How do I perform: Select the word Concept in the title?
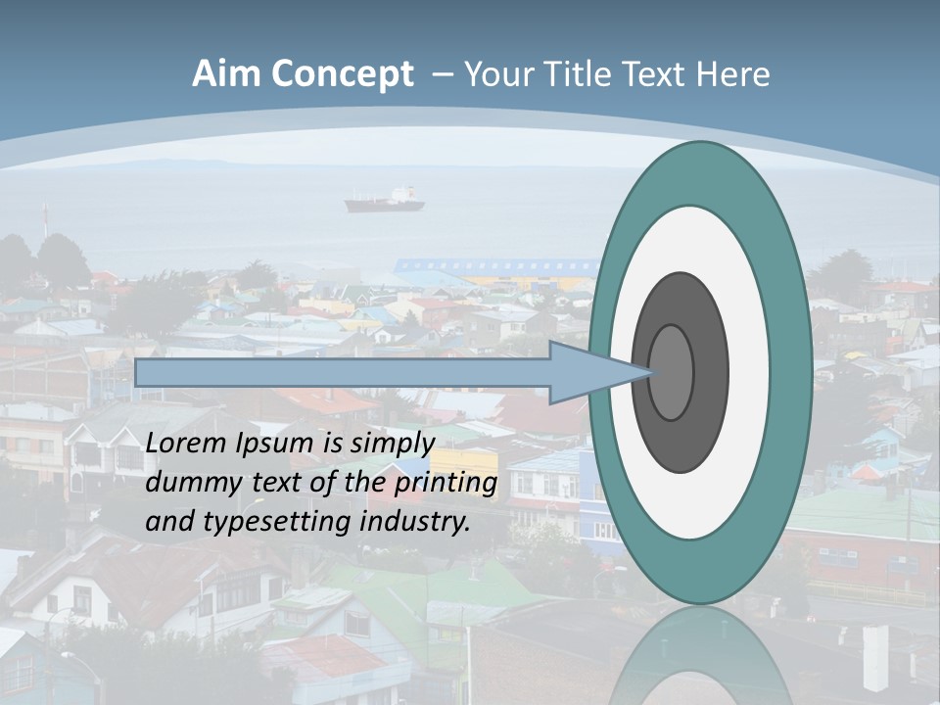pyautogui.click(x=343, y=75)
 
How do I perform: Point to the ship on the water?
pyautogui.click(x=384, y=201)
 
